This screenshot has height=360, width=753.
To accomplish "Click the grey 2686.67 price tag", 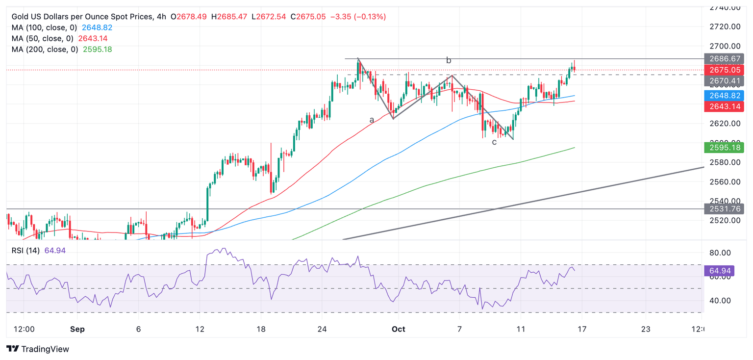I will click(724, 59).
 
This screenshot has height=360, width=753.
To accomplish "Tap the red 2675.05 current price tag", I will click(724, 70).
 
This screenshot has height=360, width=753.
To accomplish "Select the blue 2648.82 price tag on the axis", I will click(724, 96).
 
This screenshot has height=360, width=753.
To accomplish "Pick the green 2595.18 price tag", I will click(724, 148).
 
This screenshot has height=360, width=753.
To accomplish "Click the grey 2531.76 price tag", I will click(724, 209).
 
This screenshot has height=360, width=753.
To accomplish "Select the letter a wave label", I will click(372, 120).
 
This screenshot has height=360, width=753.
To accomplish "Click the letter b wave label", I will click(448, 60).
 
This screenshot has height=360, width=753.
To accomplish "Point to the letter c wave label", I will click(494, 142).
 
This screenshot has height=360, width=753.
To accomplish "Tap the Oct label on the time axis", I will click(399, 329).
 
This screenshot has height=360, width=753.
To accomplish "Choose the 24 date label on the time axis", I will click(322, 329).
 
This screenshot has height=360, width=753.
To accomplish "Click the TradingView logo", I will click(38, 349).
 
